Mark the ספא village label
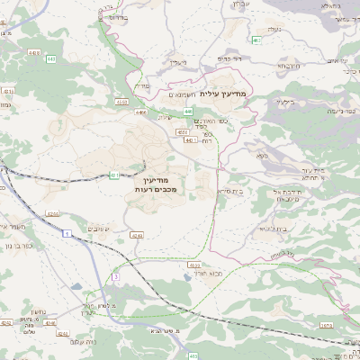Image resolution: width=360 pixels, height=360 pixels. [261, 157]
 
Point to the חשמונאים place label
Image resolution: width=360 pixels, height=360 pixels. [188, 93]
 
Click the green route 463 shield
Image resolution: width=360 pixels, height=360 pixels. [257, 40]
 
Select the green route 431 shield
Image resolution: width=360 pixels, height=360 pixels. [115, 175]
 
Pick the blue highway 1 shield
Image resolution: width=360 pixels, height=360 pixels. [67, 233]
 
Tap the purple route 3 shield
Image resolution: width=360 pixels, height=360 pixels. [115, 277]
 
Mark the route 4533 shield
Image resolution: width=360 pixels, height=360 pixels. [193, 265]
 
